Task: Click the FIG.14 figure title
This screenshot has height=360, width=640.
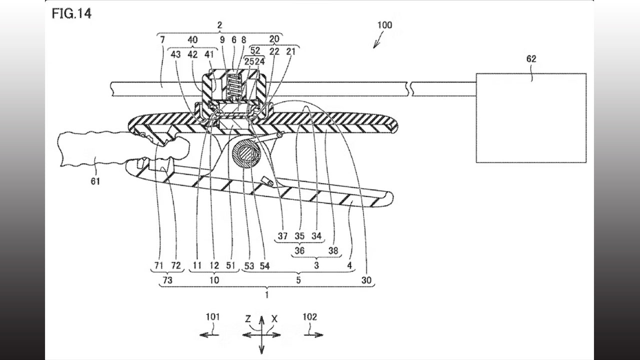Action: (71, 13)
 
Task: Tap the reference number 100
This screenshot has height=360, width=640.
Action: (384, 25)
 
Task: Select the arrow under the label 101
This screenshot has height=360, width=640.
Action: (209, 335)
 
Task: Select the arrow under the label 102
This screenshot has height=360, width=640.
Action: (313, 335)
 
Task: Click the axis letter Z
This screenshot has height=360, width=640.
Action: (248, 318)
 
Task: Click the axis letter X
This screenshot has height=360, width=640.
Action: (274, 319)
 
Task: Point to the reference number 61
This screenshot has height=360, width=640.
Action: (95, 181)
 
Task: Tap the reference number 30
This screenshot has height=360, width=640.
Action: (366, 280)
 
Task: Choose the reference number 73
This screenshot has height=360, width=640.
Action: (167, 280)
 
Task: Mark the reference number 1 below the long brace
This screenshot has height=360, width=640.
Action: (267, 295)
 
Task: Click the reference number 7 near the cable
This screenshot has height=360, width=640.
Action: (162, 39)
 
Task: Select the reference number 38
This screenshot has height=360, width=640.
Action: (333, 251)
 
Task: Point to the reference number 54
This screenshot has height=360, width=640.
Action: (264, 266)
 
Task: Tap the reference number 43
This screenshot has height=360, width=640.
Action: (175, 54)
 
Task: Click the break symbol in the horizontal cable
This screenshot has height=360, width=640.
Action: (409, 89)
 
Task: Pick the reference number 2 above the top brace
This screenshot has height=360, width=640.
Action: (219, 25)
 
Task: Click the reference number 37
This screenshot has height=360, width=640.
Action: (282, 236)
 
